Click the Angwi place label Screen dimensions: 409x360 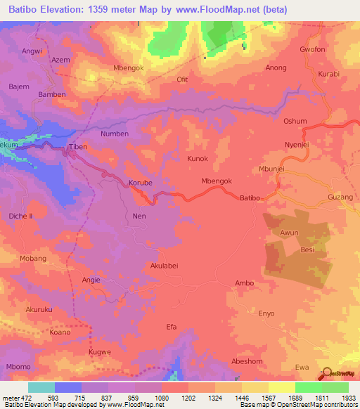(32, 51)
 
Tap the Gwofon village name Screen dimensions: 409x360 (312, 50)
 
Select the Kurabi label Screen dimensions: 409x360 (328, 74)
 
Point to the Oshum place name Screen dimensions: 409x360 (295, 121)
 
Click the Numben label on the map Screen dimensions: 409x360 (115, 134)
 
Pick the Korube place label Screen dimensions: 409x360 (141, 183)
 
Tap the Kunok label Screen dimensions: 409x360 (198, 159)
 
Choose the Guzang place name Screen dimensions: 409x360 (340, 199)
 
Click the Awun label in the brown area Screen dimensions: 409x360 (290, 233)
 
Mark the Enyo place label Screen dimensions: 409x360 (266, 313)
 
